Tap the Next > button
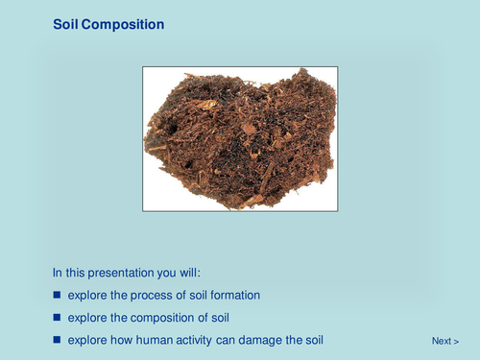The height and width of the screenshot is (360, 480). click(x=445, y=341)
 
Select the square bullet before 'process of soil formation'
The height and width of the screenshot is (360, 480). click(x=57, y=295)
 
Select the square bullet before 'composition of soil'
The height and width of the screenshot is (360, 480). click(x=57, y=317)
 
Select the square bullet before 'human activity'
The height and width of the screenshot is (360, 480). click(x=57, y=340)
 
